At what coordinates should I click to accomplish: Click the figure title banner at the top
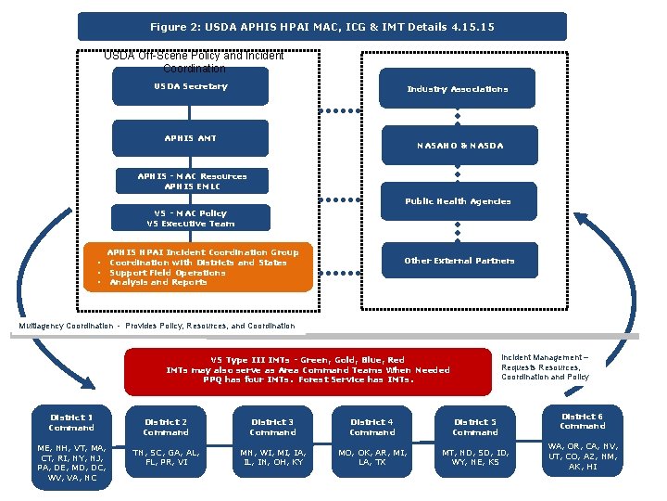tap(321, 26)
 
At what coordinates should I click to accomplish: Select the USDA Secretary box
tap(191, 87)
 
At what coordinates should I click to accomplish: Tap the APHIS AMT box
tap(191, 138)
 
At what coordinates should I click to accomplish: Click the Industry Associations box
tap(458, 89)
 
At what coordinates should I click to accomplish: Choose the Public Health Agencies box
tap(458, 201)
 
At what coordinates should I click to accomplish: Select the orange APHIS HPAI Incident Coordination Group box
tap(203, 267)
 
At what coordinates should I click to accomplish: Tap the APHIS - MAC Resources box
tap(192, 181)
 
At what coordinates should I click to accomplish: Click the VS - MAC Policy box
tap(192, 218)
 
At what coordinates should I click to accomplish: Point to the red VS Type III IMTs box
tap(308, 369)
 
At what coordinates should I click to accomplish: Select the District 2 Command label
tap(167, 427)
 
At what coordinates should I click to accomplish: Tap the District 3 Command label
tap(272, 427)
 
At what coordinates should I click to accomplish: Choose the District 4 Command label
tap(372, 427)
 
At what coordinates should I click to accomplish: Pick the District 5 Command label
tap(475, 427)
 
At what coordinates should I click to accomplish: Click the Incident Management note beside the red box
tap(545, 367)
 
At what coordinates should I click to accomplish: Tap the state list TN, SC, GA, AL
tap(167, 456)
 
